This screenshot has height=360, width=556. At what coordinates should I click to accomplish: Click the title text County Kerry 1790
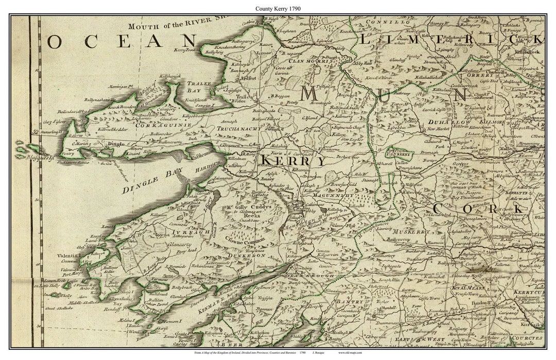pyautogui.click(x=278, y=9)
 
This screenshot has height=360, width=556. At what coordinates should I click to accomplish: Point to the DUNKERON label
pyautogui.click(x=248, y=255)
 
